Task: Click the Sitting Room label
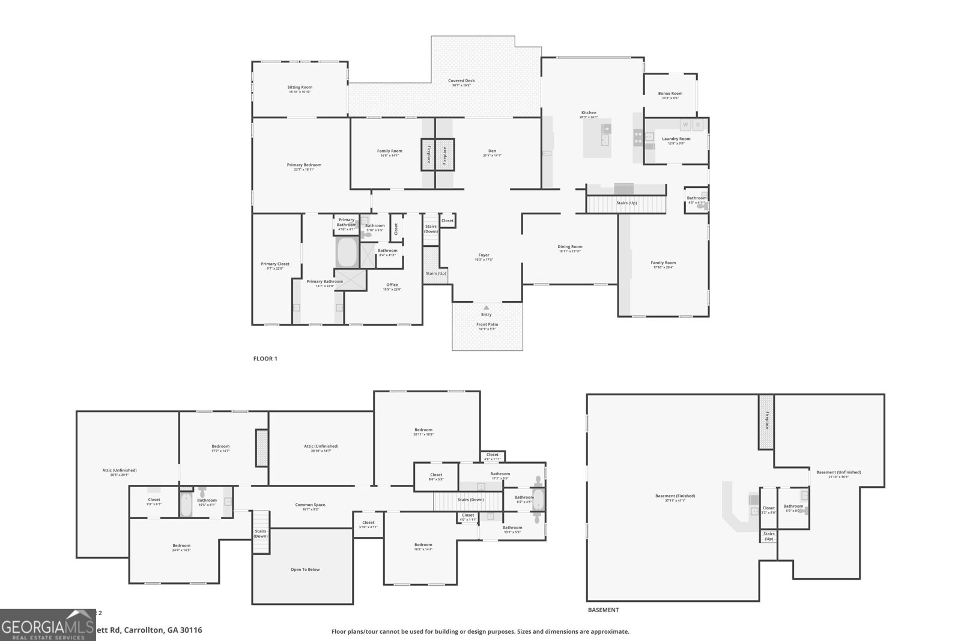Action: pos(300,88)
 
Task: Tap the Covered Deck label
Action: pos(461,81)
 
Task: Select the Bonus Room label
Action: pos(670,94)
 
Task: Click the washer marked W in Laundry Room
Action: pos(685,125)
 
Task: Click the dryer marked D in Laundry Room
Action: pos(698,125)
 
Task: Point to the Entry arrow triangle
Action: pos(486,308)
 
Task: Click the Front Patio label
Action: pos(487,324)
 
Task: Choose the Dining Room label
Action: pos(570,247)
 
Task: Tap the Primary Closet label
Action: pos(275,264)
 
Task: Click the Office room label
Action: pos(392,285)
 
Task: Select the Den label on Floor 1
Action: pos(492,151)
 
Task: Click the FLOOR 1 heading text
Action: pos(265,359)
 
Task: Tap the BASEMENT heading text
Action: pos(603,610)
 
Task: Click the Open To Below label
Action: pos(305,570)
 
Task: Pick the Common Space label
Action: pos(311,505)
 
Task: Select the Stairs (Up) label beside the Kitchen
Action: pos(626,203)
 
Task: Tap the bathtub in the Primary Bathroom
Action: pos(347,253)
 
